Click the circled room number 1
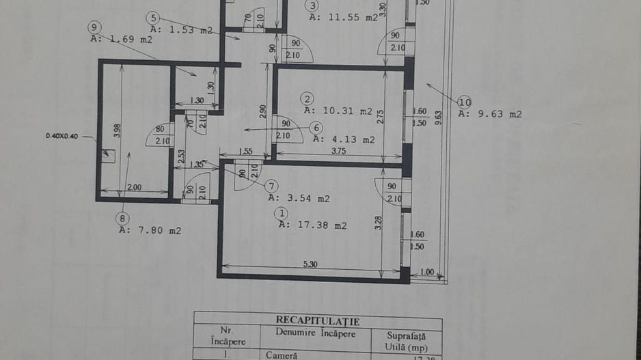tap(281, 213)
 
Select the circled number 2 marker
tap(308, 98)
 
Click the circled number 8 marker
tap(122, 219)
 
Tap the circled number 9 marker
tap(94, 27)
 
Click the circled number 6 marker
tap(315, 127)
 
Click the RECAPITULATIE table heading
tap(317, 320)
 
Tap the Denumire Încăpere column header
tap(316, 333)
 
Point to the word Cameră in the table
tap(282, 355)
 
